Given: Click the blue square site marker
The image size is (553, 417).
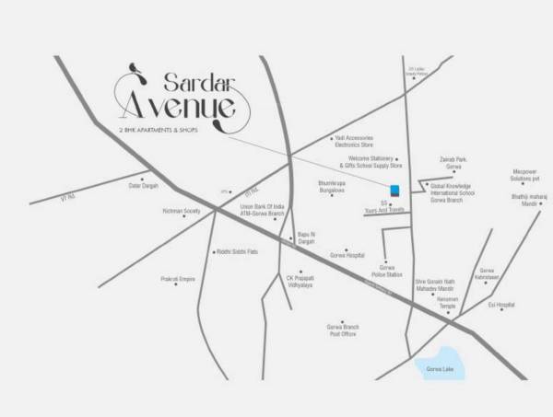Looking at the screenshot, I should pyautogui.click(x=394, y=190).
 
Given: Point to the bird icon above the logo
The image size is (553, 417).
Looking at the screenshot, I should pyautogui.click(x=135, y=65).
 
